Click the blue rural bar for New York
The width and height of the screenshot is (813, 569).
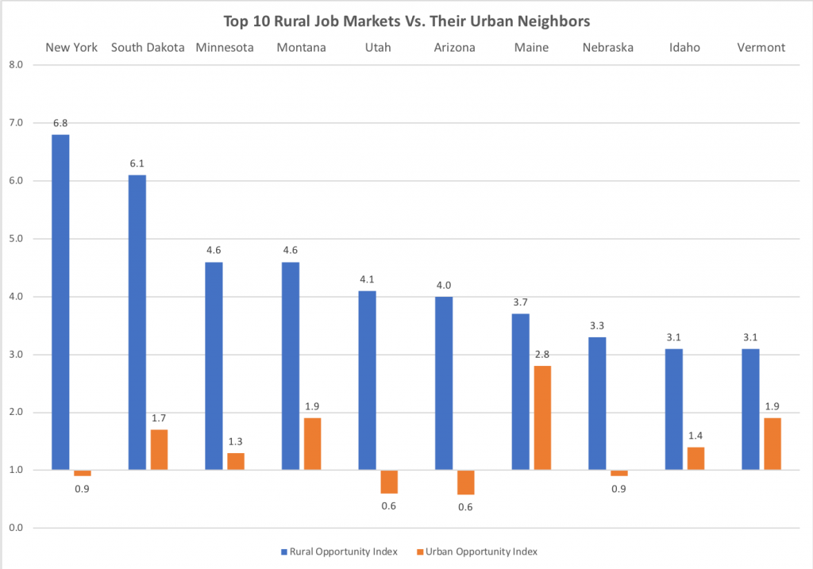pos(60,302)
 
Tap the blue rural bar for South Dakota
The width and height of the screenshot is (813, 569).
pos(137,322)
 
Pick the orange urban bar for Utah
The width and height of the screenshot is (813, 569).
pos(389,482)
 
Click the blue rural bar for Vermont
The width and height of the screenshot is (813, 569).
pos(749,409)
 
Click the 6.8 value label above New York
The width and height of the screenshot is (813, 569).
pos(60,123)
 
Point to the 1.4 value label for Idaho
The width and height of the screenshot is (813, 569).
pos(696,436)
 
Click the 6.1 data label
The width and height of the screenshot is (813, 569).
pos(137,163)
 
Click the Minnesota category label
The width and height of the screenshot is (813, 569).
pos(224,48)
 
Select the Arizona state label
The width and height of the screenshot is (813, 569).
pos(454,48)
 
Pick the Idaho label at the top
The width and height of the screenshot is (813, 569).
pos(684,48)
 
